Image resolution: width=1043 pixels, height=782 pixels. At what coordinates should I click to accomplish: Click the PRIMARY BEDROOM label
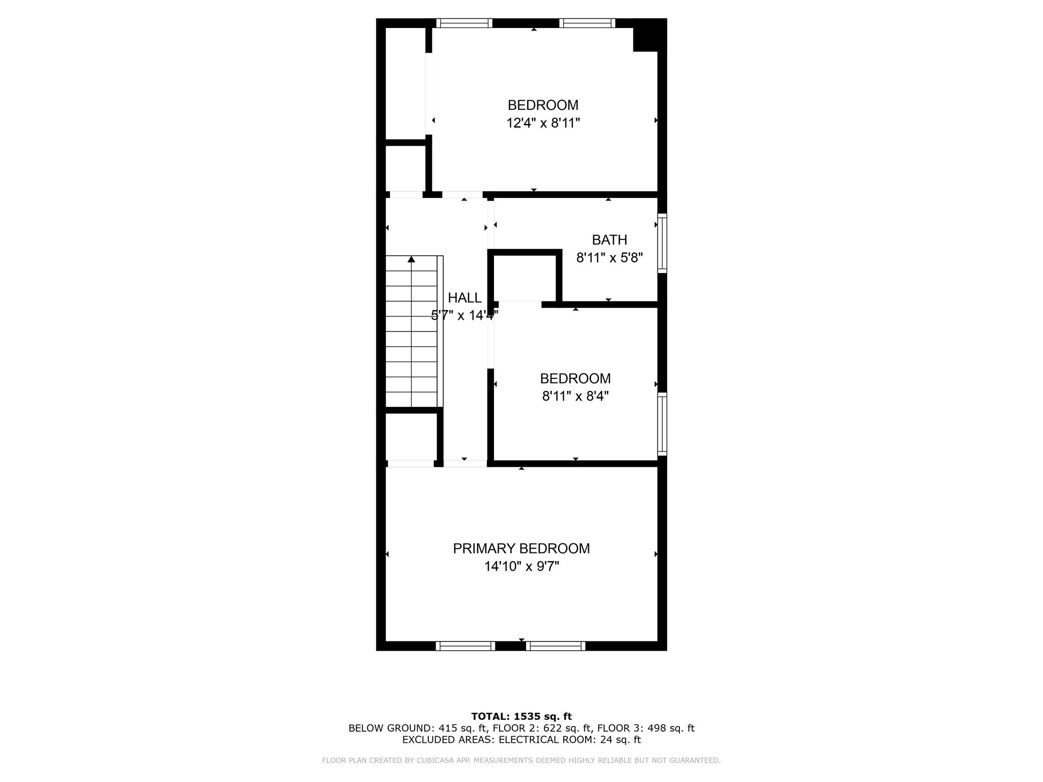coord(521,548)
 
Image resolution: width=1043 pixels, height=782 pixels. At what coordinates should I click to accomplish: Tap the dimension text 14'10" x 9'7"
coord(521,567)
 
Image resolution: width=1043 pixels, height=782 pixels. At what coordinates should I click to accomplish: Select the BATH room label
coord(609,240)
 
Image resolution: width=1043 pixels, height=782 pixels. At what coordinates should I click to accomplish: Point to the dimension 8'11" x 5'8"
coord(609,258)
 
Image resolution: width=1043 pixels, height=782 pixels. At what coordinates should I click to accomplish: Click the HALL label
coord(464,298)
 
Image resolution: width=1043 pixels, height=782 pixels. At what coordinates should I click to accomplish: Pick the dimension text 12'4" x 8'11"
coord(543,123)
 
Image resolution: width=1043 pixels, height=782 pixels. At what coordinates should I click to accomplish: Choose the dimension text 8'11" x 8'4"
coord(575,396)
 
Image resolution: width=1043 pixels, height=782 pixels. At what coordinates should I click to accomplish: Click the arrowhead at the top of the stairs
coord(411,260)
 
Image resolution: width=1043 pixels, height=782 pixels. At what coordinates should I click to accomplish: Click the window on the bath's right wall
coord(662,243)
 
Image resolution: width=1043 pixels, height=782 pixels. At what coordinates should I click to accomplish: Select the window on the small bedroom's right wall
coord(662,424)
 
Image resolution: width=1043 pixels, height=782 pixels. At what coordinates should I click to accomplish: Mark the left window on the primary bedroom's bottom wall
coord(465,646)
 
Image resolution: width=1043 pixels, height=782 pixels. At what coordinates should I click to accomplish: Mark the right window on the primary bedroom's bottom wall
coord(556,646)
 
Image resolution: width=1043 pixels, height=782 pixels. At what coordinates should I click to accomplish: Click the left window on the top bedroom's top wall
coord(464,23)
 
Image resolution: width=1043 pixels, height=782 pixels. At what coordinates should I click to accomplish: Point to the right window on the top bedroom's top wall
coord(587,23)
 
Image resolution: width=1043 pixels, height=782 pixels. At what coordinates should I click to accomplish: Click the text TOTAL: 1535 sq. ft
coord(521,717)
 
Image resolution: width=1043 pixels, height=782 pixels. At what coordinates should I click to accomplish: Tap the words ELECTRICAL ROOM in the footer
coord(545,740)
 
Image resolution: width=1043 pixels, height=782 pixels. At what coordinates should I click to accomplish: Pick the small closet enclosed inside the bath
coord(525,278)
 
